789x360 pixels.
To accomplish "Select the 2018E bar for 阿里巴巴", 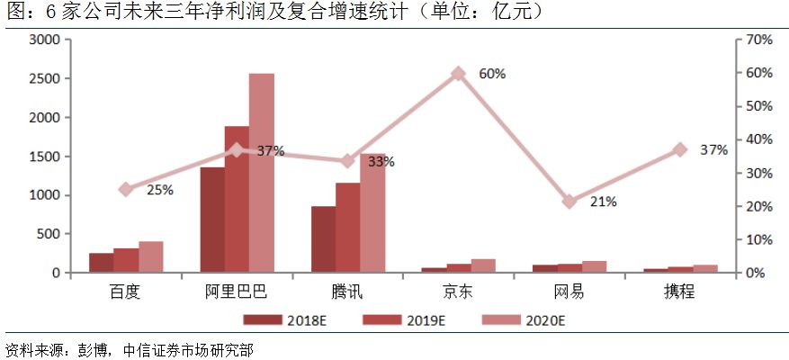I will pyautogui.click(x=212, y=220).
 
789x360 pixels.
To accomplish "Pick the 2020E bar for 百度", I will pyautogui.click(x=151, y=256).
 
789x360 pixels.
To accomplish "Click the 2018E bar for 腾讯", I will pyautogui.click(x=323, y=239).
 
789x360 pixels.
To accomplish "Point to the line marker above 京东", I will pyautogui.click(x=458, y=74).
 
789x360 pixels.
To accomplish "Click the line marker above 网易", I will pyautogui.click(x=569, y=202).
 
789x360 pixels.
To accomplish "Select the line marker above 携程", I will pyautogui.click(x=680, y=149).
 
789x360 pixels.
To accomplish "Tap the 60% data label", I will pyautogui.click(x=491, y=74).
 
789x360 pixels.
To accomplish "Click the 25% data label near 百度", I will pyautogui.click(x=159, y=190).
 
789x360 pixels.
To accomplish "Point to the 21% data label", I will pyautogui.click(x=603, y=202).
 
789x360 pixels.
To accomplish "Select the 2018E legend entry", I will pyautogui.click(x=280, y=319).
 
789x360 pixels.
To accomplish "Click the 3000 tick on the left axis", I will pyautogui.click(x=44, y=40).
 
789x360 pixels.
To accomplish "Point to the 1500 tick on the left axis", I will pyautogui.click(x=44, y=157).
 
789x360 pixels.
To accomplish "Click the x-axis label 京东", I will pyautogui.click(x=458, y=292).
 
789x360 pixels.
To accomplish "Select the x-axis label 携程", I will pyautogui.click(x=680, y=292).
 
